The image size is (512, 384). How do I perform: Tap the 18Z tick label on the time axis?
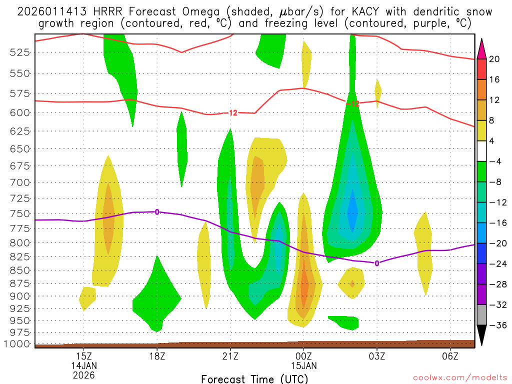tap(157, 356)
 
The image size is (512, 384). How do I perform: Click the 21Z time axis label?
tap(230, 356)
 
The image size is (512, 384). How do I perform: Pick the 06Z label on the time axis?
tap(450, 356)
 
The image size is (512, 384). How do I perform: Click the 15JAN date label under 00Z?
tap(303, 365)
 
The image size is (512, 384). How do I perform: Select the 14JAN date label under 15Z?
tap(83, 365)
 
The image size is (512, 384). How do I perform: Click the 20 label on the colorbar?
tap(495, 59)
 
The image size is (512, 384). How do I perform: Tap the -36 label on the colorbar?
tap(494, 325)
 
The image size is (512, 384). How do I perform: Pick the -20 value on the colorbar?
tap(494, 243)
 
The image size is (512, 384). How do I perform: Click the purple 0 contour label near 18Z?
tap(157, 212)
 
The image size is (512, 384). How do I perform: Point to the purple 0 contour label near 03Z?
tap(376, 263)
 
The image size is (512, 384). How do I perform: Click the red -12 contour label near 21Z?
tap(232, 113)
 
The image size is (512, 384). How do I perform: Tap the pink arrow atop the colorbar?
tap(481, 49)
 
